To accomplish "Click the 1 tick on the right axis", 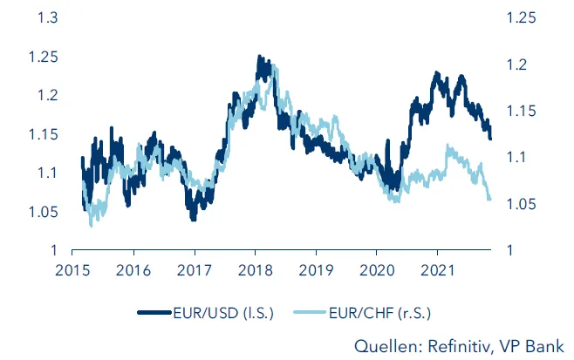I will click(x=515, y=251).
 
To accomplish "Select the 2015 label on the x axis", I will click(x=70, y=270).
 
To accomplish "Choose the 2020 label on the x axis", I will click(x=376, y=270).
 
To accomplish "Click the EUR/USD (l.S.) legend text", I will click(x=228, y=310).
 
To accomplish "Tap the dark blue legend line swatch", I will click(x=158, y=310).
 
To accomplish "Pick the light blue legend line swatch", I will click(x=312, y=310).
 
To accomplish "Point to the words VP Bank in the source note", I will click(x=536, y=343).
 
